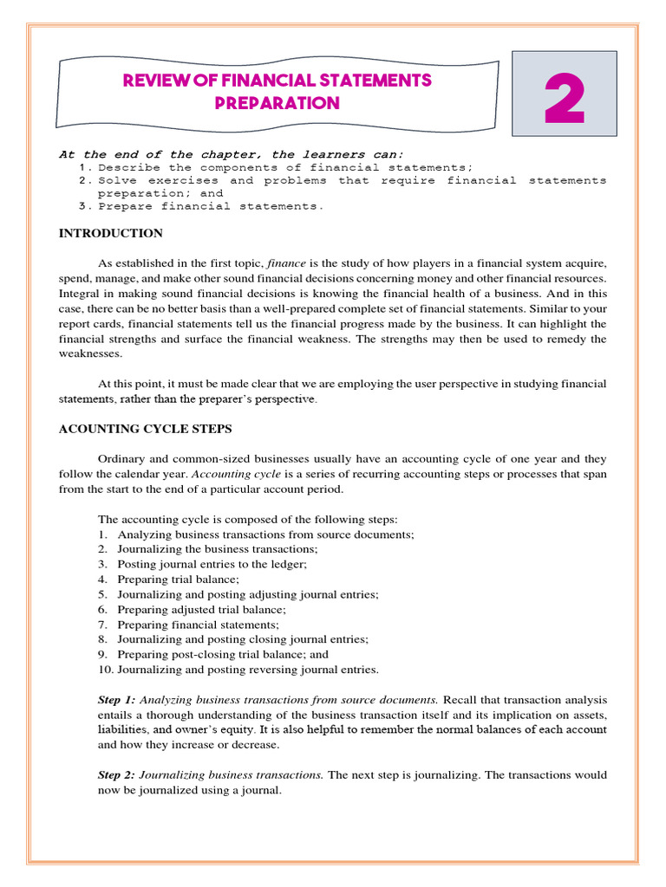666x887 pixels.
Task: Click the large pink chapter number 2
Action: tap(564, 104)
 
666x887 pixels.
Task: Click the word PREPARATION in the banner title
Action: tap(277, 104)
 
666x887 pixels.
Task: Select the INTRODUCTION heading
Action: tap(110, 233)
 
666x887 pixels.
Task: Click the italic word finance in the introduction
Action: tap(284, 262)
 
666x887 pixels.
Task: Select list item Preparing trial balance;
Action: tap(178, 579)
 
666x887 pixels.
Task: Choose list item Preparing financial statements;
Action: tap(199, 625)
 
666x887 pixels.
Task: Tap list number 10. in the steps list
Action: tap(105, 670)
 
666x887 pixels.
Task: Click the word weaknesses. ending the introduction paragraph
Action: tap(92, 353)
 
